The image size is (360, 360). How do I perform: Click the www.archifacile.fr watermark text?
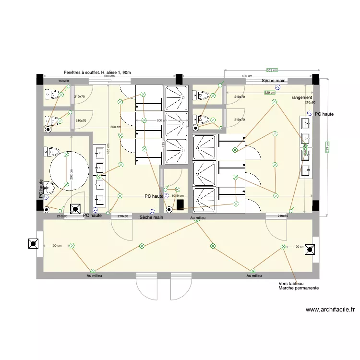click(329, 310)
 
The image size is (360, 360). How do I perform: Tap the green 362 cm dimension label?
click(272, 70)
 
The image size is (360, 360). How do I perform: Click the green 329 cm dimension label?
click(270, 93)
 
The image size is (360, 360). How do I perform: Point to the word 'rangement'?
click(302, 97)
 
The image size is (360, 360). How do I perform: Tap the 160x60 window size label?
click(63, 81)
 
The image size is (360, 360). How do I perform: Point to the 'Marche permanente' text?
click(298, 288)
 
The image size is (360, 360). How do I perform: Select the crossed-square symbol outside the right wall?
click(311, 250)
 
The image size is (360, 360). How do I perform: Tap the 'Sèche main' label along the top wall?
click(274, 81)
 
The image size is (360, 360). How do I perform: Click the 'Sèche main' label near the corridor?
click(152, 217)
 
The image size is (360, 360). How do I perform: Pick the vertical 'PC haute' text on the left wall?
click(41, 189)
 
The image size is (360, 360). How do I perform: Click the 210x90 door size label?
click(62, 216)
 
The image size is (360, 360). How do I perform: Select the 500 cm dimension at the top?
click(109, 76)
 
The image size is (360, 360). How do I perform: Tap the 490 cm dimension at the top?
click(247, 76)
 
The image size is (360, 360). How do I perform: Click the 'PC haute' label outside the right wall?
click(324, 114)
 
